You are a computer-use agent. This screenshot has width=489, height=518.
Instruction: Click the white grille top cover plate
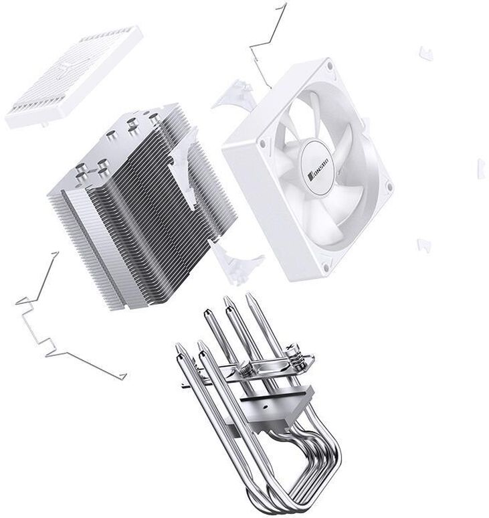(x=74, y=77)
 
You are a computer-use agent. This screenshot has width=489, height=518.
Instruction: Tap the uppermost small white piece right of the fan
(x=426, y=53)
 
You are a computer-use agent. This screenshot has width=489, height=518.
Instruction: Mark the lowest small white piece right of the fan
(x=424, y=245)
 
